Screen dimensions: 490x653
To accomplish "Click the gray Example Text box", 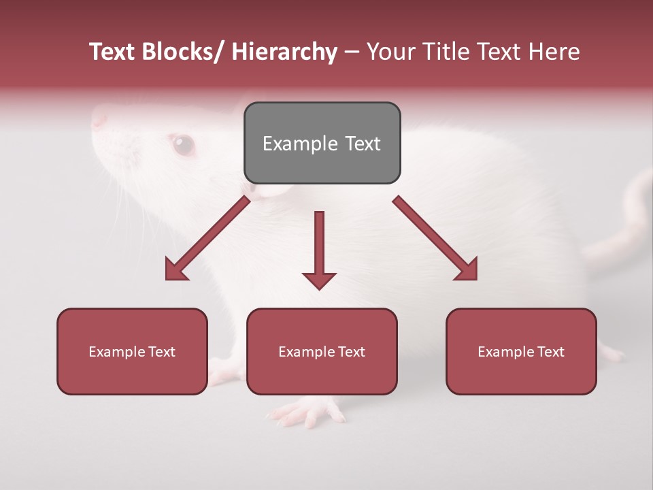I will (x=322, y=143).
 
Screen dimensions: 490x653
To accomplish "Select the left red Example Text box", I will (x=132, y=351).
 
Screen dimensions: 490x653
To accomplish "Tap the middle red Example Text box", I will (x=322, y=351).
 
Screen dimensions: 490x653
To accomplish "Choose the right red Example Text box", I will (x=521, y=351).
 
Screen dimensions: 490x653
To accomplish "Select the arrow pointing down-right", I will (x=435, y=238).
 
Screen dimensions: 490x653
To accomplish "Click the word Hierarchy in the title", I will (x=284, y=52).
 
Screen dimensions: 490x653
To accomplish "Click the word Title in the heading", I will (x=447, y=52).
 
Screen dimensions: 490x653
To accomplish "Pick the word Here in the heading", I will (x=555, y=52).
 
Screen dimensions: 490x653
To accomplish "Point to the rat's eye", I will (x=182, y=144).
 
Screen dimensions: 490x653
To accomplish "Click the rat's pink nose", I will (x=99, y=120).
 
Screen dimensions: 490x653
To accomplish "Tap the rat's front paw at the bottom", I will (x=306, y=411).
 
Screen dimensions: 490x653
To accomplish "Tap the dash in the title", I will (x=352, y=52).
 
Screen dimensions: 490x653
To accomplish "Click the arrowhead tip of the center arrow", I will (x=319, y=289).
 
